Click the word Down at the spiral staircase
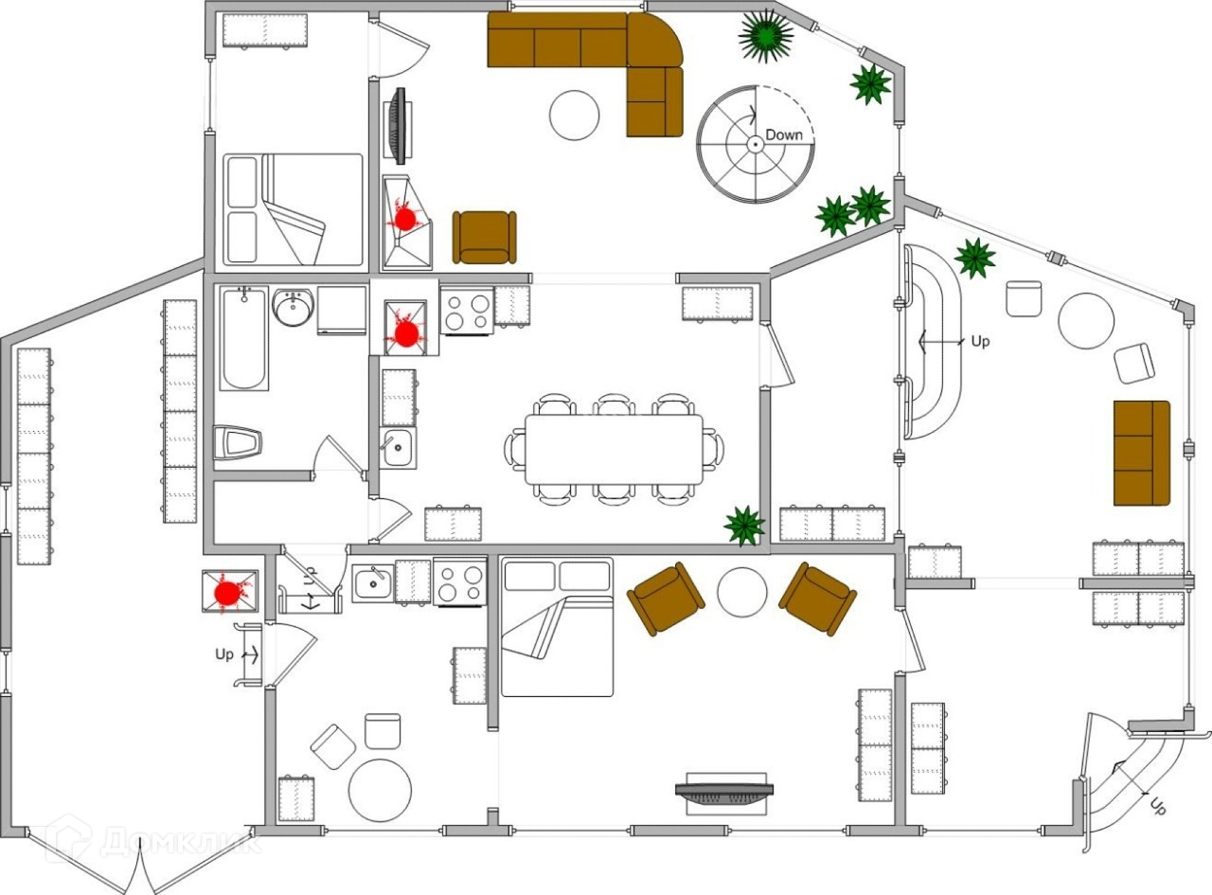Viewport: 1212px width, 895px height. pos(784,135)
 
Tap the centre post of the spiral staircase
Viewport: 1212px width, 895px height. pos(756,144)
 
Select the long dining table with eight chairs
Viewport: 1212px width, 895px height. pos(614,450)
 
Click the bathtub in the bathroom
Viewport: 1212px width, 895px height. pos(244,338)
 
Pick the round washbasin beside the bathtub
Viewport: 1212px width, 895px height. pos(293,307)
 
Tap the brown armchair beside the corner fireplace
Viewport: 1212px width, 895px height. pos(484,238)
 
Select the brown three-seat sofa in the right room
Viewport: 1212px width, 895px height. pos(1142,453)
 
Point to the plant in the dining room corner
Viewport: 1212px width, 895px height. pos(743,526)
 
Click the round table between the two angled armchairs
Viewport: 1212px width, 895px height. pos(742,592)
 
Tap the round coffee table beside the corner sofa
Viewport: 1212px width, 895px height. pos(575,116)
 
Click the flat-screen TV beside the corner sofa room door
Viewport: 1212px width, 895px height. pos(399,126)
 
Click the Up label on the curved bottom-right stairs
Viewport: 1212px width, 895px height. pos(1157,806)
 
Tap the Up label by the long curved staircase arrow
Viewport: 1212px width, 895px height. pos(980,341)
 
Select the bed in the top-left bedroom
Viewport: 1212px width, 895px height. pos(293,209)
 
